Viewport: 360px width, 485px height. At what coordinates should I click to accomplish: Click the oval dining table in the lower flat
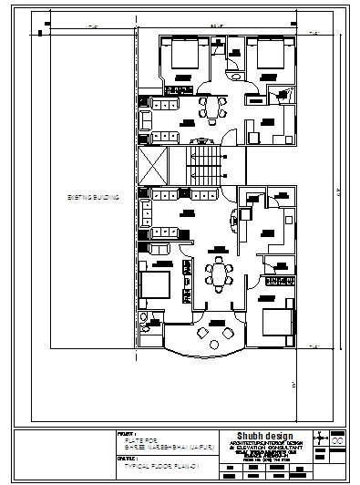click(x=219, y=273)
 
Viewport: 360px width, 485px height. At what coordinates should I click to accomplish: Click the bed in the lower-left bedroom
click(x=157, y=284)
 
